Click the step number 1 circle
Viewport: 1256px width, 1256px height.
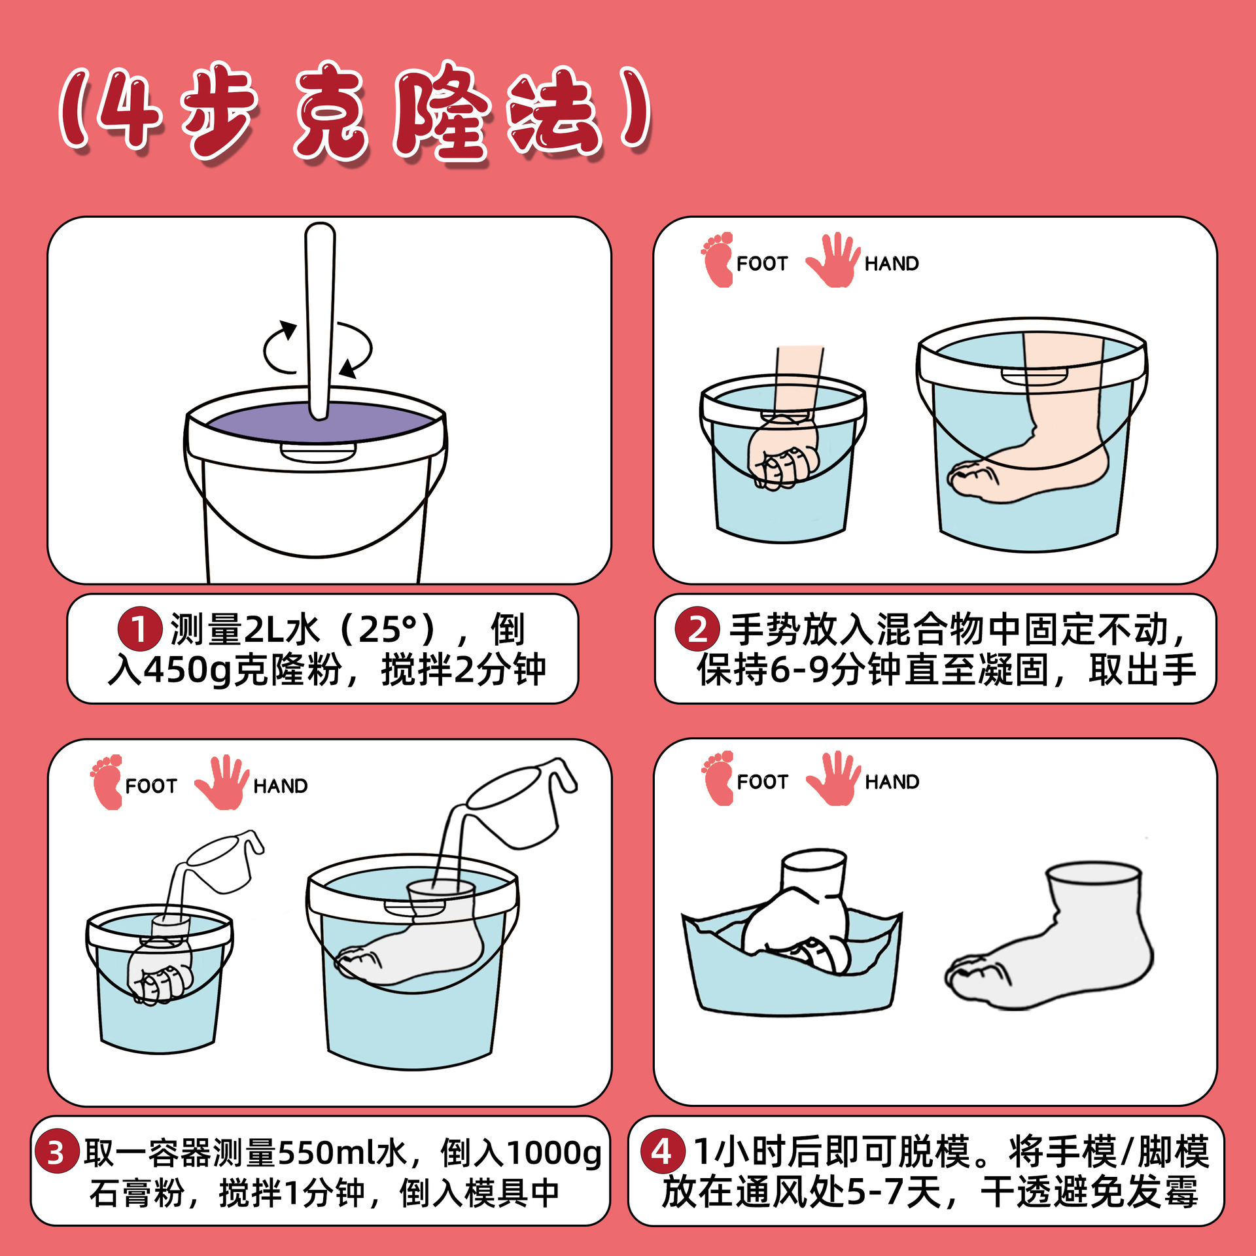[139, 629]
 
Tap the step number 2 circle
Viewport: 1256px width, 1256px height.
[697, 629]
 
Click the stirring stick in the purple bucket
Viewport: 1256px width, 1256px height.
[320, 321]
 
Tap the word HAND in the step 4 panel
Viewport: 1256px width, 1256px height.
[892, 782]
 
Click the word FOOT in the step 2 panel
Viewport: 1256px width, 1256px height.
[762, 264]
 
